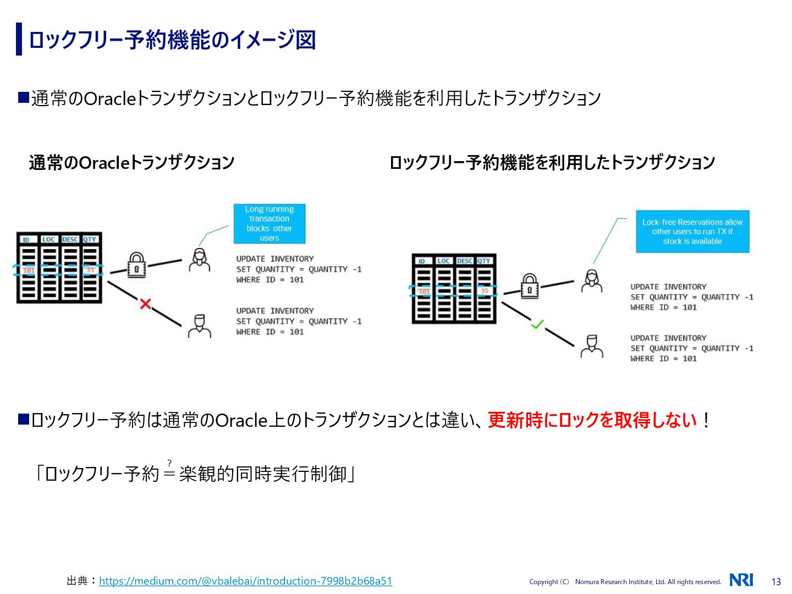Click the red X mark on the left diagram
[145, 304]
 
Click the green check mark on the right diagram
[537, 324]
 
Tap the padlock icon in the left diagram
[136, 265]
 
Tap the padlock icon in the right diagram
[529, 287]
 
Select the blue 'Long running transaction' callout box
[269, 224]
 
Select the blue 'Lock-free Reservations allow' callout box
[692, 232]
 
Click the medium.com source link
[245, 581]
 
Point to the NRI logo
[741, 580]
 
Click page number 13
[776, 582]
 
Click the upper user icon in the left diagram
[199, 260]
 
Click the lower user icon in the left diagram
[199, 326]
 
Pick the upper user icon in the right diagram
[592, 280]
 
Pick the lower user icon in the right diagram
[592, 346]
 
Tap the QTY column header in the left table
[90, 239]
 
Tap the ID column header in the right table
[422, 261]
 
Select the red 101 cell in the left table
[29, 270]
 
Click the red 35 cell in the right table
[484, 290]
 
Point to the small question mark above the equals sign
[169, 463]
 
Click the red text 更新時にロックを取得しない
[592, 420]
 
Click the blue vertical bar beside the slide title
[19, 39]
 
